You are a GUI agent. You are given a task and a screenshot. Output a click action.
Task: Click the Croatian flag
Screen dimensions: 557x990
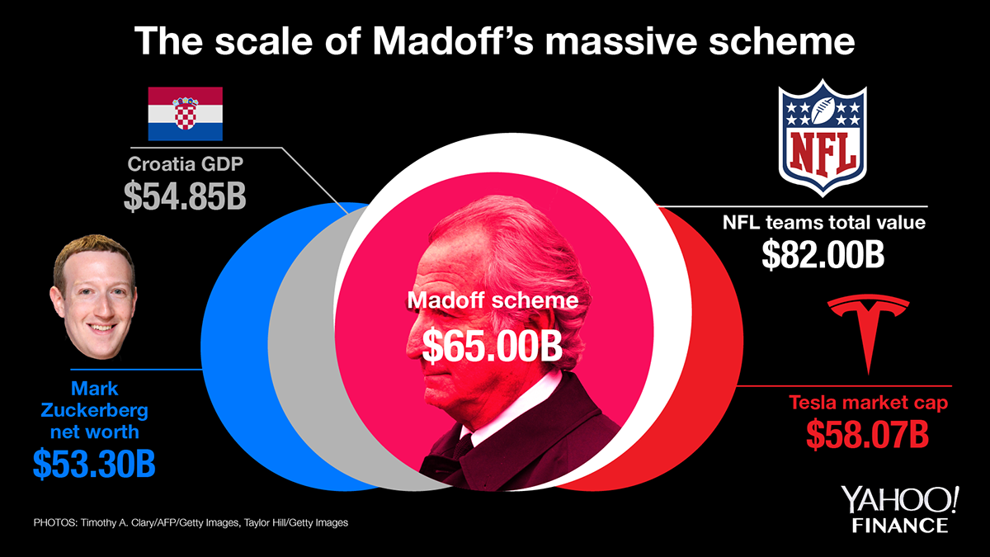[185, 113]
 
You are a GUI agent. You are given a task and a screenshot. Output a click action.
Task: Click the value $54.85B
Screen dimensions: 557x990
[185, 195]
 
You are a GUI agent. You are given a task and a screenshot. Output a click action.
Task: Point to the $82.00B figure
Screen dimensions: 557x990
[823, 255]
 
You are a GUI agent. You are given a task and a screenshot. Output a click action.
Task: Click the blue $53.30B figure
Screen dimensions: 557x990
[94, 463]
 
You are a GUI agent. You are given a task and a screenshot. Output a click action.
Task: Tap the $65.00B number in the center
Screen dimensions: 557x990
[493, 345]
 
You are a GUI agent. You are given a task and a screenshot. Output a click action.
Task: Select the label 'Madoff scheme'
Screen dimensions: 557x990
[493, 301]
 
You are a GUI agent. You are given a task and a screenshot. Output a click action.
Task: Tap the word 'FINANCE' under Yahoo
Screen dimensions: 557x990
[900, 526]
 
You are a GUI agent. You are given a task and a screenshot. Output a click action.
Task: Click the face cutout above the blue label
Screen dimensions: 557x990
[94, 300]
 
